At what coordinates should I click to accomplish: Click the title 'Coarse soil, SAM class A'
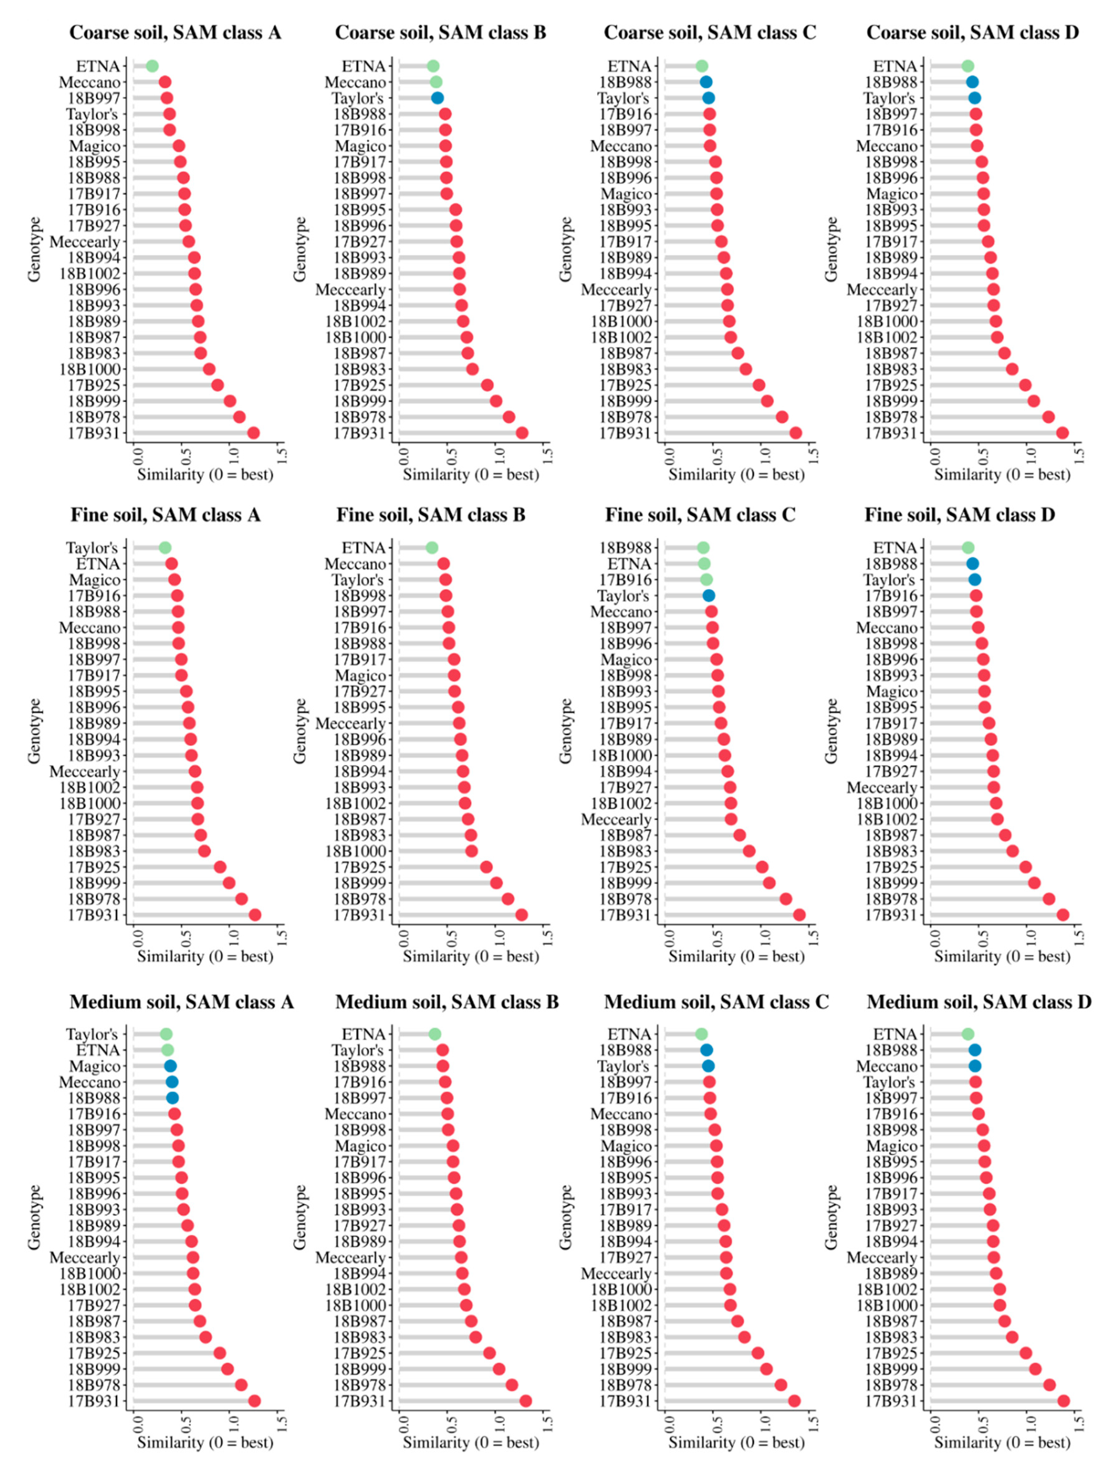[x=176, y=33]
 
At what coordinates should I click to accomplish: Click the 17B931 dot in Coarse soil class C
[x=795, y=433]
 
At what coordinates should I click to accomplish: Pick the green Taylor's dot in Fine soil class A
[x=165, y=547]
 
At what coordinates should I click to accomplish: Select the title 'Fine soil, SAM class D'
[x=960, y=515]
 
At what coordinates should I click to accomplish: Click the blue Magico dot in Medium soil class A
[x=170, y=1066]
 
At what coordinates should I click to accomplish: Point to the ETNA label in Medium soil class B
[x=363, y=1035]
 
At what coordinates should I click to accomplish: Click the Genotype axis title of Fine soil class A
[x=34, y=731]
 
